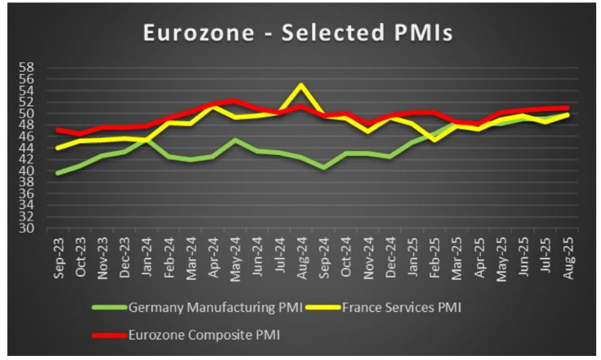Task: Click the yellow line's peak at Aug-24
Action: (301, 85)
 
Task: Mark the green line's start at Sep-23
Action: (57, 173)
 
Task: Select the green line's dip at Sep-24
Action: (323, 168)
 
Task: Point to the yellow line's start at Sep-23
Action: (57, 148)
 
